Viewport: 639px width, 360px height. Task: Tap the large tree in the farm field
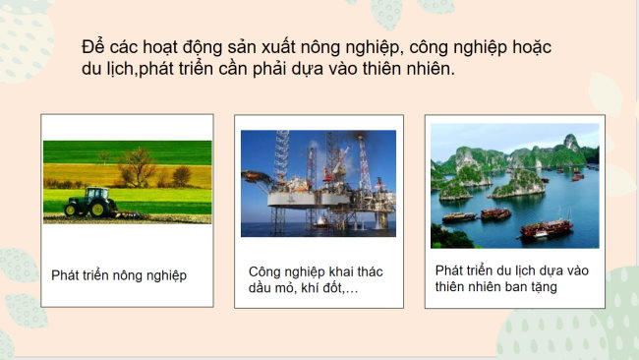137,166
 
